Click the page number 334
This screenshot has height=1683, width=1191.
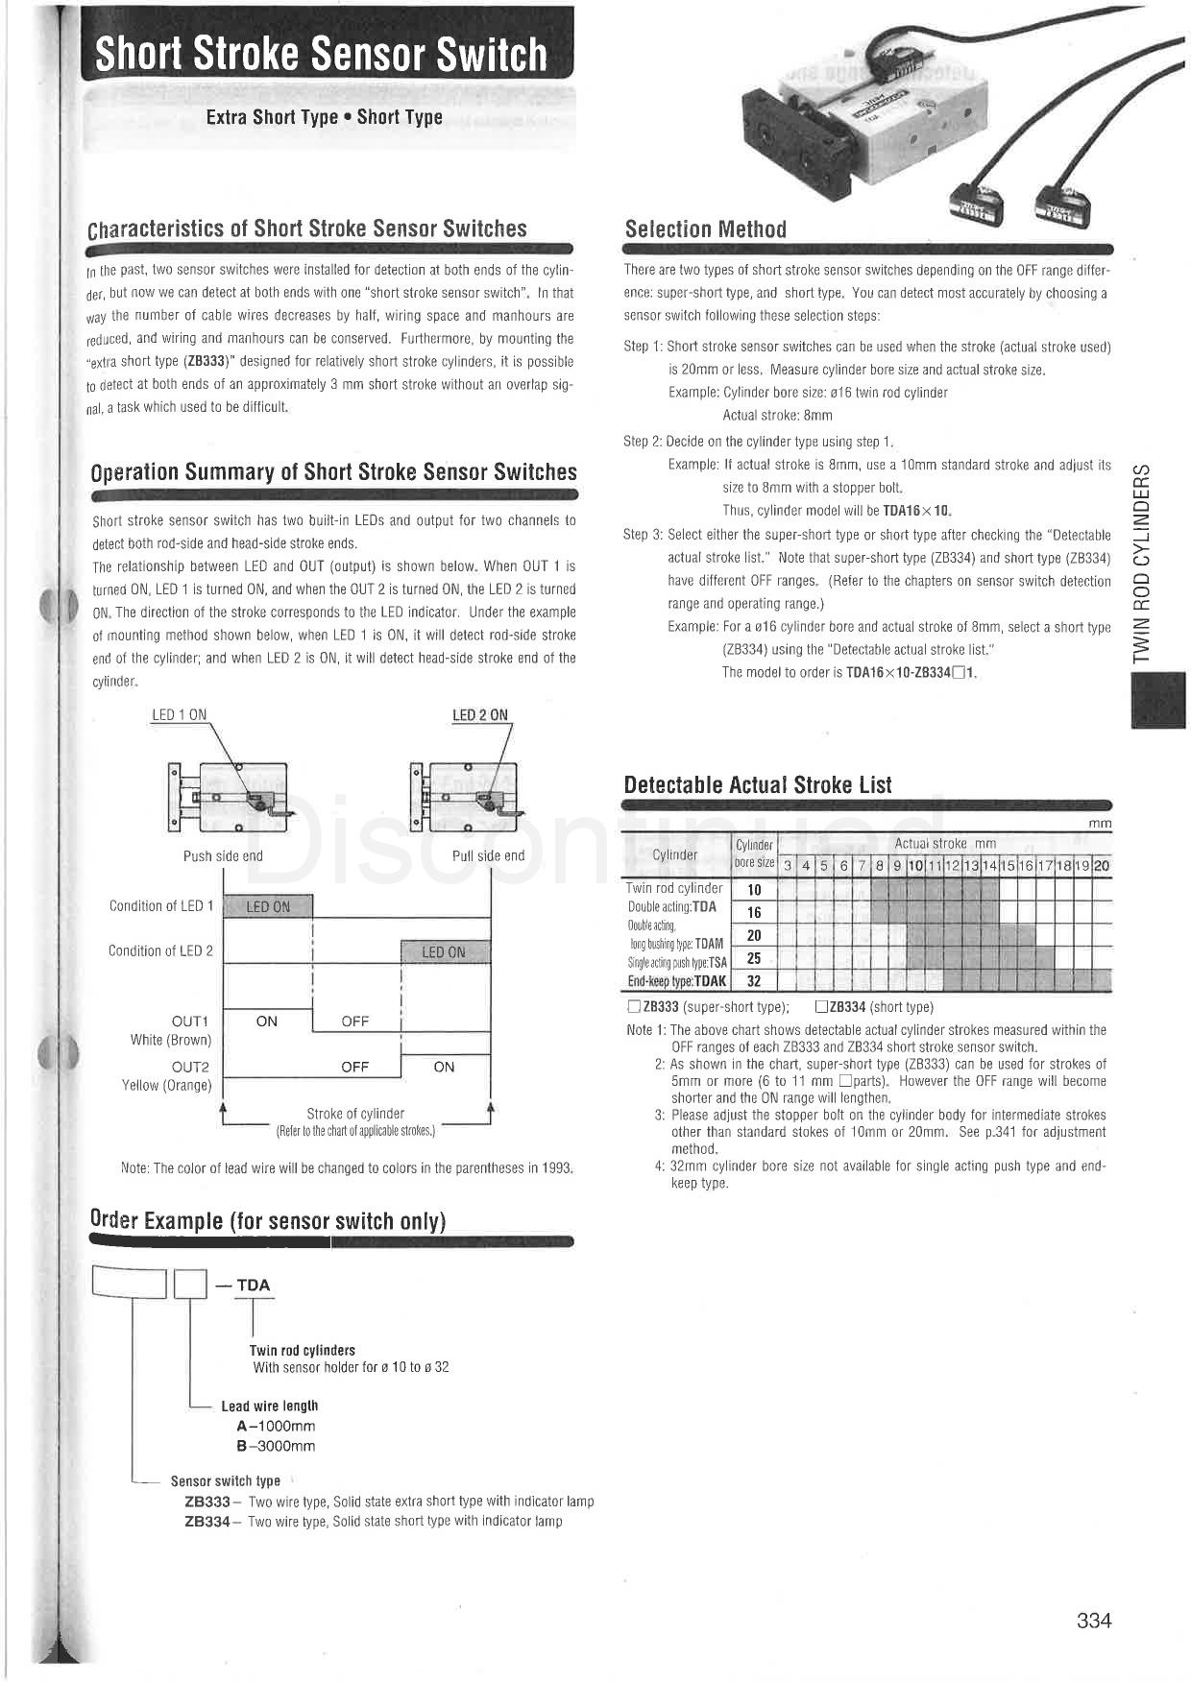(1093, 1621)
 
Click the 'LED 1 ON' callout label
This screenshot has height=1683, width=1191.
(179, 715)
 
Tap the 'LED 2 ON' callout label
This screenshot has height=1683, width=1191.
(480, 715)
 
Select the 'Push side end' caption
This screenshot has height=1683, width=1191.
(223, 856)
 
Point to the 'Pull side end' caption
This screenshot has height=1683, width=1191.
(488, 856)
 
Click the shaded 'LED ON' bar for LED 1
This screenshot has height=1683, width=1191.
(268, 906)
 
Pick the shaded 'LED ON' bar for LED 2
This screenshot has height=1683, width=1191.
(444, 952)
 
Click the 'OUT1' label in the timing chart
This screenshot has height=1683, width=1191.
(190, 1022)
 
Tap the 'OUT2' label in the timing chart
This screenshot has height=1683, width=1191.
(190, 1067)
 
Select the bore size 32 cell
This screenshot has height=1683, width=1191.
(754, 981)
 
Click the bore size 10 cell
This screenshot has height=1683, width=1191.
(754, 890)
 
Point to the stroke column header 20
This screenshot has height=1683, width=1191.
(1102, 866)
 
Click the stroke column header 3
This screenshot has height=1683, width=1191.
(788, 866)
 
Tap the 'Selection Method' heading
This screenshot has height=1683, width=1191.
(705, 229)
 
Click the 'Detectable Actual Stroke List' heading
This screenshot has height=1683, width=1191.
(758, 785)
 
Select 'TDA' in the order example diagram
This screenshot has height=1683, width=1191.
(254, 1286)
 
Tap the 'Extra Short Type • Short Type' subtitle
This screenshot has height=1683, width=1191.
(324, 118)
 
